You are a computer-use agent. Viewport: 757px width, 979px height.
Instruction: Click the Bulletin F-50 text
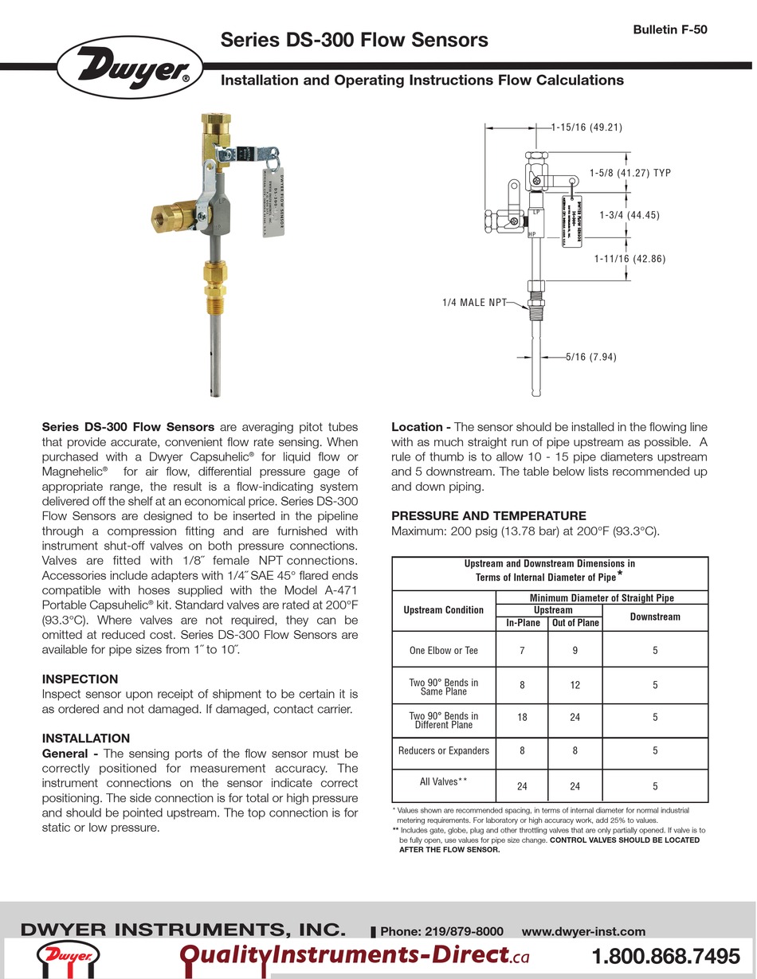point(670,30)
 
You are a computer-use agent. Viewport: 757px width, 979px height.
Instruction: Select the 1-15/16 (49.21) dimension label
point(586,127)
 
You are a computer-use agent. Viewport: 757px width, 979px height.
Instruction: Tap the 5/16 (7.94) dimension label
point(590,358)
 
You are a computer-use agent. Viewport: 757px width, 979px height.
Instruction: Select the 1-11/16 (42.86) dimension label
point(630,259)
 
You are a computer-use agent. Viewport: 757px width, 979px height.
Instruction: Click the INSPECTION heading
point(80,679)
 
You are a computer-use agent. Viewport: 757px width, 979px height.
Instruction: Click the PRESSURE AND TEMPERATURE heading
point(488,516)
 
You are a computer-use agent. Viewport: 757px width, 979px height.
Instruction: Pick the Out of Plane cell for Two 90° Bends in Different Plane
point(575,717)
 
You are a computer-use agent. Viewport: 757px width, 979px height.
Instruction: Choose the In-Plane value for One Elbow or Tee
point(522,651)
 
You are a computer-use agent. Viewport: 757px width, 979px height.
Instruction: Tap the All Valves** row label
point(443,781)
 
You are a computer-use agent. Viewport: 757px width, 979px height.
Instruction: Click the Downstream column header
point(655,617)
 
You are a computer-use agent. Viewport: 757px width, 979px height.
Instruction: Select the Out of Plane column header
point(575,623)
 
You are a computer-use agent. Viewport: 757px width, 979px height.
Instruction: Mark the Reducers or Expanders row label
point(443,750)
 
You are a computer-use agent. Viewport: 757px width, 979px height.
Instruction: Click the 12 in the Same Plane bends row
point(575,684)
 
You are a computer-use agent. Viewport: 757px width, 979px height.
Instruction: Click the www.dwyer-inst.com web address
point(582,931)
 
